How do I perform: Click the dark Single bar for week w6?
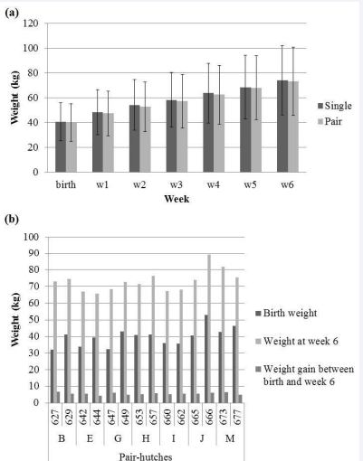pos(282,127)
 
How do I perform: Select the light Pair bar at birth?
pos(72,147)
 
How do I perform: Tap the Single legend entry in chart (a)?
pos(335,106)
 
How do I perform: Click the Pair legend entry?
pos(330,121)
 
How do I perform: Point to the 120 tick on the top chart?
pos(31,24)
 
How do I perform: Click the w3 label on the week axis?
pos(177,184)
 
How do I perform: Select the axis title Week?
pos(177,199)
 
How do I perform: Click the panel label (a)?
pos(12,13)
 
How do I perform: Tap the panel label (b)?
pos(12,219)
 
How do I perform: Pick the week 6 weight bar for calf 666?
pos(209,329)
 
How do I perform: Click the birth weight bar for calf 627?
pos(52,376)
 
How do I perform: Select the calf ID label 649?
pos(125,417)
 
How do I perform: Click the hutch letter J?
pos(202,438)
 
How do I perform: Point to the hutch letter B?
pos(62,438)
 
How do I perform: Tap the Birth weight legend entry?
pos(286,313)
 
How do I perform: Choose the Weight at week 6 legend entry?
pos(297,341)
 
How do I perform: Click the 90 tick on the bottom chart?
pos(35,253)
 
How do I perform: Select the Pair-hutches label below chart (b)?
pos(146,456)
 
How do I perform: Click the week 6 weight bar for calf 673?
pos(223,334)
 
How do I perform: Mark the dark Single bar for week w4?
pos(208,133)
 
